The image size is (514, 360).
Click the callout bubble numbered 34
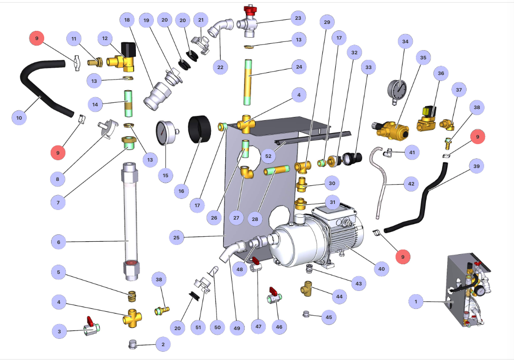405,41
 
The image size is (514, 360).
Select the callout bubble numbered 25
176,237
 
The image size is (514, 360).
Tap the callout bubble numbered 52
268,156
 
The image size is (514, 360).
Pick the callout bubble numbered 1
416,302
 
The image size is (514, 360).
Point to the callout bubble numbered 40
381,269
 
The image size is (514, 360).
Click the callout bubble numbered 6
58,242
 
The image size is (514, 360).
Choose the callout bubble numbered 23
298,18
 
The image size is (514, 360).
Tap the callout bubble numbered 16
181,191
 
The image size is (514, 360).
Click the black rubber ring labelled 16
199,129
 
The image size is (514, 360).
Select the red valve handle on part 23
250,10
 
